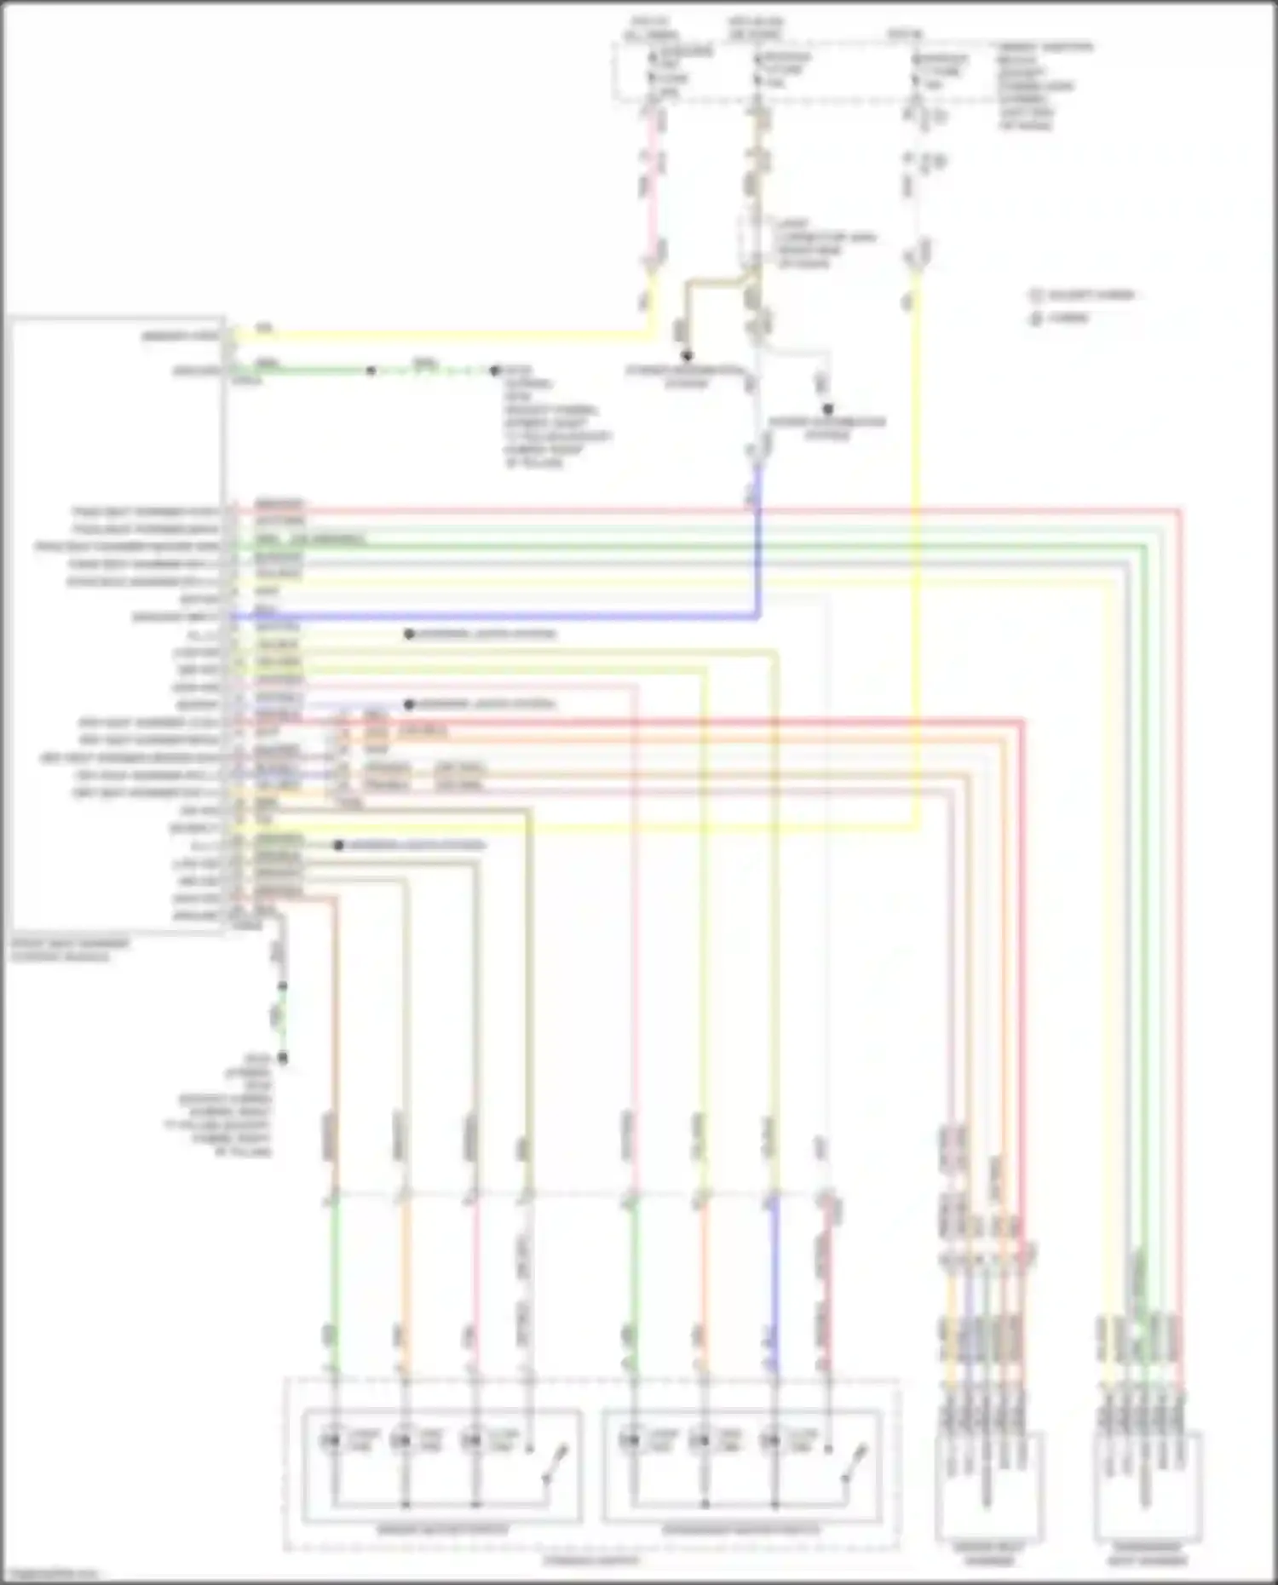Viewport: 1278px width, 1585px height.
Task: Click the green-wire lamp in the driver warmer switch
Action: (331, 1440)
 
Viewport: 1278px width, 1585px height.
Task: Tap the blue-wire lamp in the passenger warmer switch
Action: (771, 1440)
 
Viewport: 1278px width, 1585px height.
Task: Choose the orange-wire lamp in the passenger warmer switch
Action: (701, 1440)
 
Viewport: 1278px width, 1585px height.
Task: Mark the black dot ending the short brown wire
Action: (686, 356)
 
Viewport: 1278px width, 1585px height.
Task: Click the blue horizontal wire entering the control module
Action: (511, 616)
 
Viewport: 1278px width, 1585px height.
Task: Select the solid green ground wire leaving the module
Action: (307, 370)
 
